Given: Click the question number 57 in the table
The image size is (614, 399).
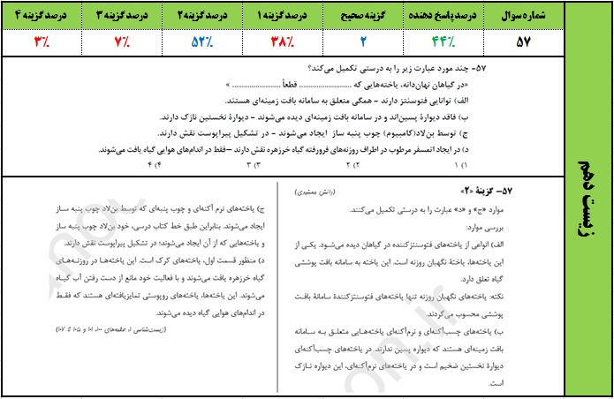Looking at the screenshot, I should pos(521,41).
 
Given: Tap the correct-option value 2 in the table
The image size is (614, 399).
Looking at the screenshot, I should pos(363,41).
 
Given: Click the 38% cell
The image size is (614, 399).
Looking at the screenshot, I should pos(282,41).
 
